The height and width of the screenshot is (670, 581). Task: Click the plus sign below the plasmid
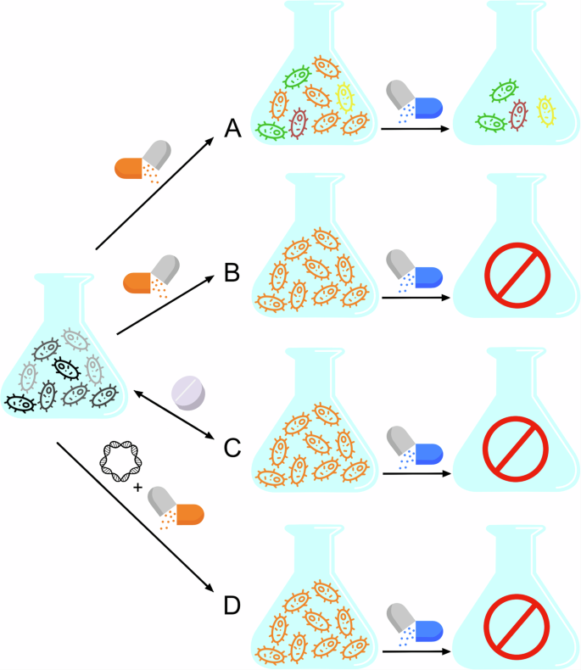(x=138, y=487)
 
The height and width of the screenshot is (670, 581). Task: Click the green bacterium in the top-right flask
(x=504, y=89)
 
